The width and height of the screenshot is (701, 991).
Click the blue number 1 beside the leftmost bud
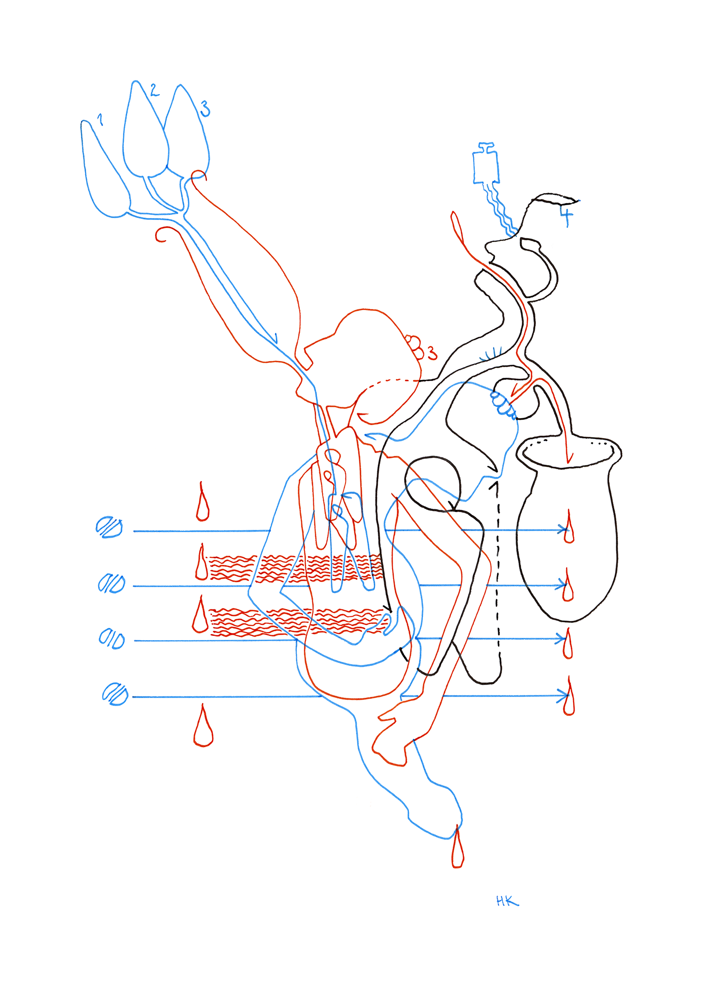coord(100,119)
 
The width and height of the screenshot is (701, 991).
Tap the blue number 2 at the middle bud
coord(154,90)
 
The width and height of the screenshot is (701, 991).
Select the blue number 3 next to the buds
coord(205,109)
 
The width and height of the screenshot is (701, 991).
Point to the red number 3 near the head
coord(432,353)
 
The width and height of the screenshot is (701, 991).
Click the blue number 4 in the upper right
coord(567,216)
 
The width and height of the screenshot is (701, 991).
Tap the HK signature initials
coord(507,901)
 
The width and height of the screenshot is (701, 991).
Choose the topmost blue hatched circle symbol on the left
coord(109,527)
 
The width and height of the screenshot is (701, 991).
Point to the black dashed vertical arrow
coord(497,570)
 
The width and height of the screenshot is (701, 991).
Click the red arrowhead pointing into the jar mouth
coord(569,458)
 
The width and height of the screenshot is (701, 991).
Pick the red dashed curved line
coord(392,382)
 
